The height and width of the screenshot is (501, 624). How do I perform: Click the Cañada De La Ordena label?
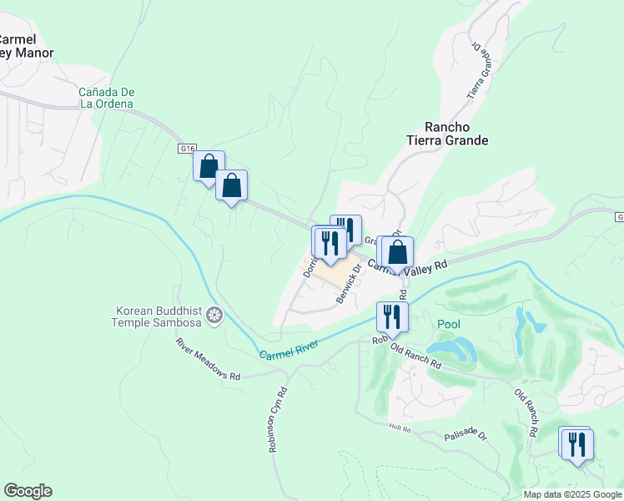[x=106, y=98]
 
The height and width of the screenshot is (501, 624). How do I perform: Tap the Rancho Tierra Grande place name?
[x=446, y=134]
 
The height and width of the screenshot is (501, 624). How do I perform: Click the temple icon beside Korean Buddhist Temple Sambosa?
[x=214, y=316]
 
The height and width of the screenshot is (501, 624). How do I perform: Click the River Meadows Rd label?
[x=208, y=359]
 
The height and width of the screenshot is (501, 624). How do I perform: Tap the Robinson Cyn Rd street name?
[x=278, y=419]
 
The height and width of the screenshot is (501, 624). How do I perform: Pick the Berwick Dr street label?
[x=349, y=284]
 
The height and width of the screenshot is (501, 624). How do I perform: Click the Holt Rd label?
[x=400, y=428]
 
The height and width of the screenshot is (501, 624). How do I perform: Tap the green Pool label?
[x=448, y=323]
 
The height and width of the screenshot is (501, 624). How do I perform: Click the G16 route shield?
[x=187, y=149]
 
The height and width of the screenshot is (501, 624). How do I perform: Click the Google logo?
[x=28, y=491]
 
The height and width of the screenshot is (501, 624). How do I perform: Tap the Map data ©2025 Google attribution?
[x=572, y=494]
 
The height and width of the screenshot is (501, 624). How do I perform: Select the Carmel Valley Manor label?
[x=25, y=46]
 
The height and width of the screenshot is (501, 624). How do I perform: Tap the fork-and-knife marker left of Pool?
[x=391, y=316]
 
